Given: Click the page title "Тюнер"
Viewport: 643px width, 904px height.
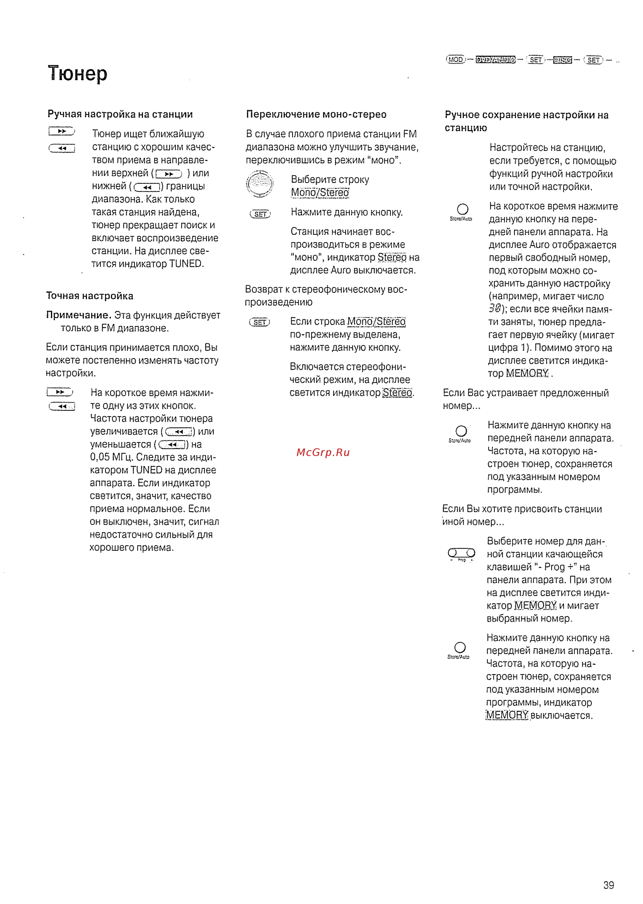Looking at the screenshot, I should tap(78, 74).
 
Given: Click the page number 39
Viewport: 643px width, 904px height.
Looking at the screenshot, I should tap(609, 885).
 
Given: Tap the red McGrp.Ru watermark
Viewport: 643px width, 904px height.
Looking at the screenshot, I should tap(323, 452).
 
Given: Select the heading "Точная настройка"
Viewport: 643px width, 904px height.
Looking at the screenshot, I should tap(90, 296).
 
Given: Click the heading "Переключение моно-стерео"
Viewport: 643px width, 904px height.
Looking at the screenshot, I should tap(316, 114).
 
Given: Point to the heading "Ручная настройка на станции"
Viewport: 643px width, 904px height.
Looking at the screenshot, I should tap(120, 114).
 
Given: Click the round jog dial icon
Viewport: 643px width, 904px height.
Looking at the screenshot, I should tap(260, 184).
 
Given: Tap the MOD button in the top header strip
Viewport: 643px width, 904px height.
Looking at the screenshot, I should tap(455, 60).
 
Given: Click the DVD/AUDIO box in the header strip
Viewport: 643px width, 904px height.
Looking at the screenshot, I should tap(495, 60).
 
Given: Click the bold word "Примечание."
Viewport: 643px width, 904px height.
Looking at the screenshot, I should tap(78, 315).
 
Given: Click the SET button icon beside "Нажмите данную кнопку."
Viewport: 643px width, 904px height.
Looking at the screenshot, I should tap(260, 214).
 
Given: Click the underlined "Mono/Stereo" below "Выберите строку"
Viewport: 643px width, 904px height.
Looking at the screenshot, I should tap(320, 193).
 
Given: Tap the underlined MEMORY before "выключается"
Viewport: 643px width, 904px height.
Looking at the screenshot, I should tap(507, 715).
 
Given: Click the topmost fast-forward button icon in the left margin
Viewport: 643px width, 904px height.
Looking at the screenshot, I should tap(61, 131).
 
